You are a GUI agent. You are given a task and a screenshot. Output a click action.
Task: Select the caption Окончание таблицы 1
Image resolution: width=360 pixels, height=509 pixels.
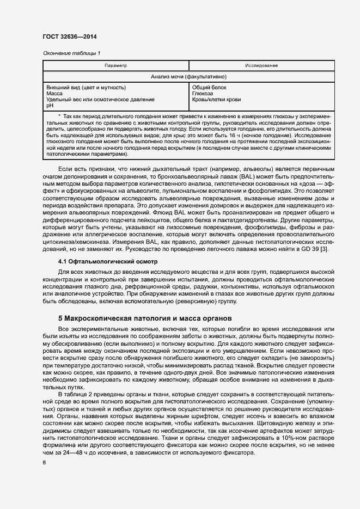(x=71, y=53)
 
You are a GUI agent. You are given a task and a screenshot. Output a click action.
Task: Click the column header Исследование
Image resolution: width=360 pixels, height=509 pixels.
(x=261, y=65)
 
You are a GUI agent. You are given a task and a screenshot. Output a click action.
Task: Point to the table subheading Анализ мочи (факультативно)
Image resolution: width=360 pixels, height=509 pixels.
(x=188, y=77)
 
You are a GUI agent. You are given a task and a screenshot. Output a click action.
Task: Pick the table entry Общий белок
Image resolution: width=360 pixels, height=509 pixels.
(x=209, y=88)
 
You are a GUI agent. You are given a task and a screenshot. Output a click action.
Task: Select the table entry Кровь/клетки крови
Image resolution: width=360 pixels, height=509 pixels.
(x=217, y=100)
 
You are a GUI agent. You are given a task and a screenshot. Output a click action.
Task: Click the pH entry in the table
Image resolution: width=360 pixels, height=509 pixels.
(x=50, y=106)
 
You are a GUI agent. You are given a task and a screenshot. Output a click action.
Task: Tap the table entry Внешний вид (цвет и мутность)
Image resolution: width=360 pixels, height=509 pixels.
(x=86, y=88)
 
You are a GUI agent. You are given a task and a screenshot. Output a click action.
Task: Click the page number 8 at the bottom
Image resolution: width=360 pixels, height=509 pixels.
(x=45, y=463)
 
